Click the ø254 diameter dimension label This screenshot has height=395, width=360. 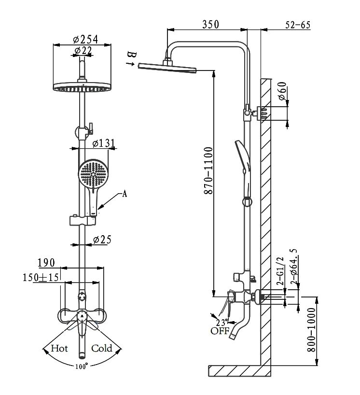pyautogui.click(x=85, y=40)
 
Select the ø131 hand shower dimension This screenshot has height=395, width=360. pyautogui.click(x=103, y=143)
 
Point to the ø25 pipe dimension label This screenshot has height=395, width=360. pyautogui.click(x=102, y=240)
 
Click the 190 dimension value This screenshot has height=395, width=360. pyautogui.click(x=46, y=263)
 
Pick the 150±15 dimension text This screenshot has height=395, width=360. pyautogui.click(x=41, y=277)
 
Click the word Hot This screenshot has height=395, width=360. pyautogui.click(x=59, y=348)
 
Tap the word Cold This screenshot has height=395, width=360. pyautogui.click(x=102, y=348)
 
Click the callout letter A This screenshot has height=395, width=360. pyautogui.click(x=125, y=194)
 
